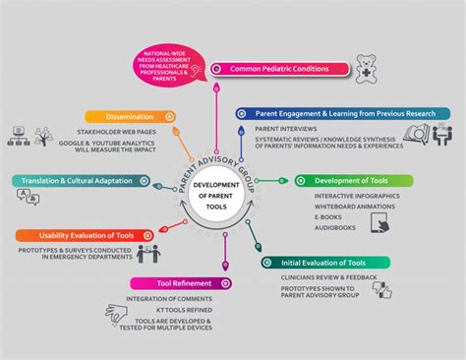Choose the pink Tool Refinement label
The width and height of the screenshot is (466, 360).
(x=168, y=283)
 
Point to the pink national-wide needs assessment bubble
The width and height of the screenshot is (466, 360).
(x=174, y=66)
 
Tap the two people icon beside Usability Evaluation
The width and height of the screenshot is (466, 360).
(x=148, y=255)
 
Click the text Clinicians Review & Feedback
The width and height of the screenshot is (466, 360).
(x=321, y=277)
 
